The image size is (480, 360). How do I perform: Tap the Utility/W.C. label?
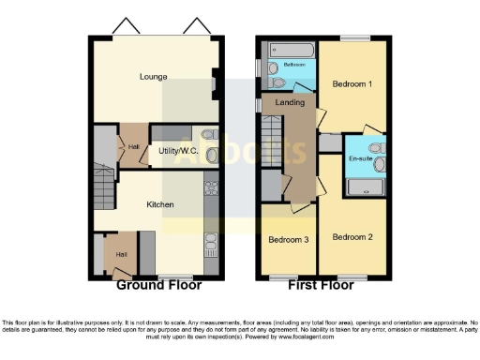(178, 149)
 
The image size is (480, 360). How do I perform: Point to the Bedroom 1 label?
(352, 84)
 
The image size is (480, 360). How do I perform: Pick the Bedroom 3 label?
(289, 239)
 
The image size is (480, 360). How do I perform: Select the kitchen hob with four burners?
(212, 187)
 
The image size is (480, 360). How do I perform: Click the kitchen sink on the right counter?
(212, 241)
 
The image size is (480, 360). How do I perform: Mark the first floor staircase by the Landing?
(270, 131)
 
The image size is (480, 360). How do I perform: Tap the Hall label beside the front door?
(121, 255)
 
